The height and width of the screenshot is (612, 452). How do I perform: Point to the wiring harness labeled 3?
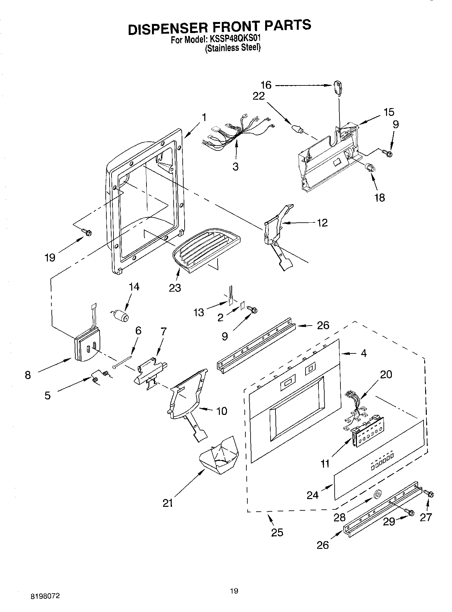pos(238,133)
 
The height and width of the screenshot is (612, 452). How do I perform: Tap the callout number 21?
pos(167,503)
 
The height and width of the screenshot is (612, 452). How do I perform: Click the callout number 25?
pos(277,532)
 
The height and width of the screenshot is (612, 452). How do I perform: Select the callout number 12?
pos(322,223)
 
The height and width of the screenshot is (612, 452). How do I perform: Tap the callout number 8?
pos(28,375)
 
